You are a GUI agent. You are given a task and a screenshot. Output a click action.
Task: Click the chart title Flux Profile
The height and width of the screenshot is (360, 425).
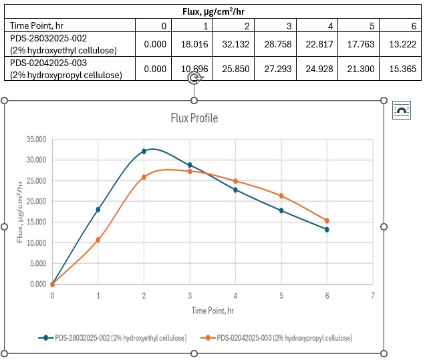(194, 119)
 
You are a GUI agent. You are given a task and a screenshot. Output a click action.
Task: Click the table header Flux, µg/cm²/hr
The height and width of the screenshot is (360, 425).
(212, 11)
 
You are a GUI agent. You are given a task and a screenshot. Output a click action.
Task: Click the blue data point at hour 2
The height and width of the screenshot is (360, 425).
(144, 152)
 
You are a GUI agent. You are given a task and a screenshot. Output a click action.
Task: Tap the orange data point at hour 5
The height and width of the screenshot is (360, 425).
(281, 196)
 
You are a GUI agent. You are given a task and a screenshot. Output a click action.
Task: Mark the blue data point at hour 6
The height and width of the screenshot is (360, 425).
(327, 229)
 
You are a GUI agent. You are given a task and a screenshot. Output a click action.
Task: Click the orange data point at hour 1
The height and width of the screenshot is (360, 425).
(98, 240)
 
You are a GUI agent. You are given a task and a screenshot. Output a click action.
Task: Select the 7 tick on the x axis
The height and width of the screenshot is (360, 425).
(372, 295)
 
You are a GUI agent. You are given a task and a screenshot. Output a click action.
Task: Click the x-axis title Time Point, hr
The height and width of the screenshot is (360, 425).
(212, 311)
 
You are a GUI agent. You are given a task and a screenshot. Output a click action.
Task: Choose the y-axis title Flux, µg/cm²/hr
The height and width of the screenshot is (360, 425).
(21, 212)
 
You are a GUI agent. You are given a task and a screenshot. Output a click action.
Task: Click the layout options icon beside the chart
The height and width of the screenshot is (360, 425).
(402, 110)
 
